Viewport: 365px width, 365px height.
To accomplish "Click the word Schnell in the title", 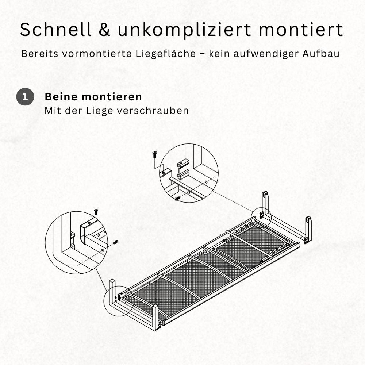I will point(56,30).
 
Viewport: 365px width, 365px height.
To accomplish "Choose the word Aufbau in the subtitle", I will point(321,54).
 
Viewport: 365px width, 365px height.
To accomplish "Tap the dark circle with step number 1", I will point(25,97).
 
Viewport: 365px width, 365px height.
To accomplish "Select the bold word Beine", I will point(61,97).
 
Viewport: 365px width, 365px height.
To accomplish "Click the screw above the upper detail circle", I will point(154,154).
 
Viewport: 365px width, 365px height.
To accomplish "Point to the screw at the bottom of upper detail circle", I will point(177,199).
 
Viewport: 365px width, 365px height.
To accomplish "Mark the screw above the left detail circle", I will point(96,211).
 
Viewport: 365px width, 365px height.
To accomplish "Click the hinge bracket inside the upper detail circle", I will point(183,169).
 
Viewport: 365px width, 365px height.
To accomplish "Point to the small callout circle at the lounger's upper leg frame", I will point(261,215).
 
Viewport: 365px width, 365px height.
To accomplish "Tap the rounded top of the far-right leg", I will point(308,220).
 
